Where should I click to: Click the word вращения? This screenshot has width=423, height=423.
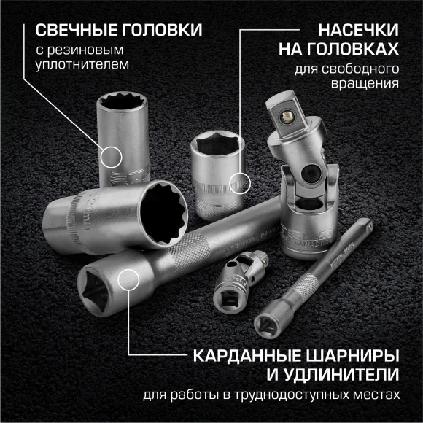click(x=372, y=84)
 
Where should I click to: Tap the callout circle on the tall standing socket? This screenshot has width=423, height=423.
click(x=110, y=155)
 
